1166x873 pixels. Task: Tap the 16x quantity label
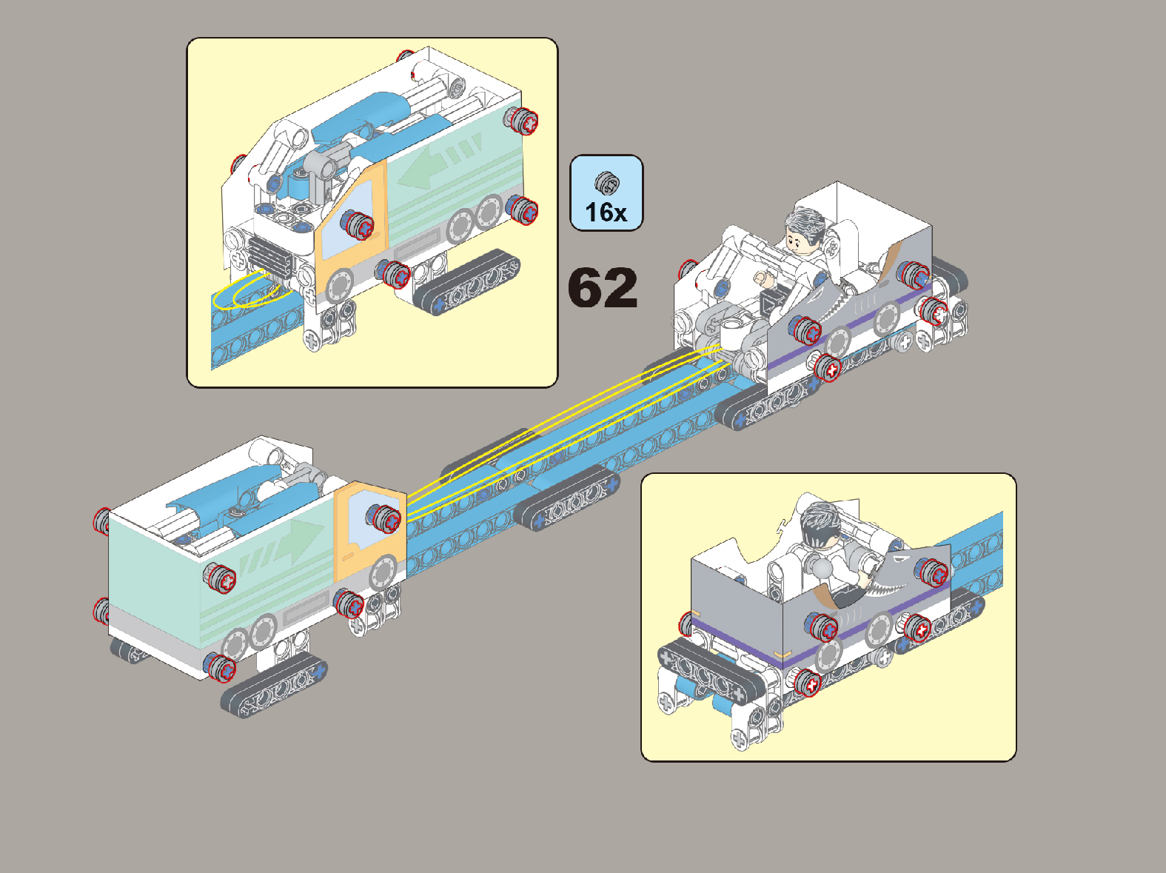click(606, 212)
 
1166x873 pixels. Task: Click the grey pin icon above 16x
click(607, 183)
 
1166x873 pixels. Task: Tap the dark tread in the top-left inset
click(466, 281)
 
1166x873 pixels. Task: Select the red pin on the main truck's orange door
click(384, 518)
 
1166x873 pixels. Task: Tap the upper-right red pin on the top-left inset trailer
click(521, 121)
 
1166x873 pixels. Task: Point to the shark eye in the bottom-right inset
click(901, 558)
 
